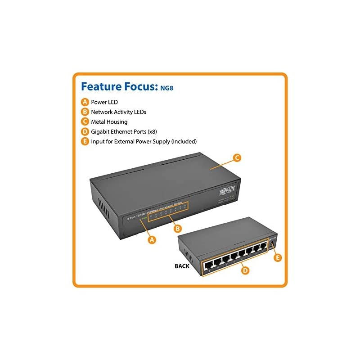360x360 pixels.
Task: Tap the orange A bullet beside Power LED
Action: coord(85,102)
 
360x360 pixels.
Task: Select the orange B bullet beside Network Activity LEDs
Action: coord(85,112)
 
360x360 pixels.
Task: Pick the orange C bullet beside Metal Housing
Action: coord(85,121)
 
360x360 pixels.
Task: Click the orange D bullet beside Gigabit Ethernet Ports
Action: coord(85,131)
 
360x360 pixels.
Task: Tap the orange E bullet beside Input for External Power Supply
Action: coord(85,141)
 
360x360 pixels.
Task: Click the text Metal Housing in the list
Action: coord(109,121)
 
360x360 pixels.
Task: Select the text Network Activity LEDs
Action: coord(119,112)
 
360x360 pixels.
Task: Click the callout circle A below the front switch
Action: coord(153,240)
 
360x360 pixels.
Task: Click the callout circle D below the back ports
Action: coord(244,270)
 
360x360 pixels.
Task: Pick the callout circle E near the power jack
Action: coord(278,257)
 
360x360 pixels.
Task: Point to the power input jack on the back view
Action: coord(273,243)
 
